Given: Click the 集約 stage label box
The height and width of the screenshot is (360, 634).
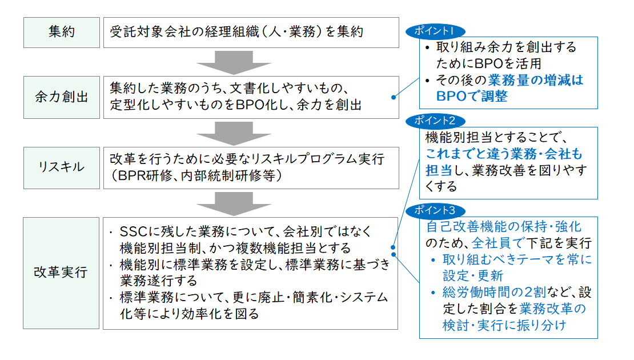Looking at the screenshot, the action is (62, 33).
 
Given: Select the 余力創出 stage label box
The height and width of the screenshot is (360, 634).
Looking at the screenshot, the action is (62, 97).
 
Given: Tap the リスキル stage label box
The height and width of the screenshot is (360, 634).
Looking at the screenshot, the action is (62, 168).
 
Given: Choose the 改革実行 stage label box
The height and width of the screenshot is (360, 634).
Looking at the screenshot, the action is (61, 273).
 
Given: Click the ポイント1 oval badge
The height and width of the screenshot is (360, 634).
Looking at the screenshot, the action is (435, 31).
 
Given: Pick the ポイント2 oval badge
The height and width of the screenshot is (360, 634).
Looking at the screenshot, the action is (435, 121).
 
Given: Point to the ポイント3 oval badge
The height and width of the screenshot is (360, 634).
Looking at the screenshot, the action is (435, 210).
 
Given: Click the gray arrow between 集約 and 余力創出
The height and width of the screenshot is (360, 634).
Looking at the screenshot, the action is (234, 62).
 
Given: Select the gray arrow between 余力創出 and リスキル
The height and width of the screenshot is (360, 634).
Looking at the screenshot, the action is (234, 134).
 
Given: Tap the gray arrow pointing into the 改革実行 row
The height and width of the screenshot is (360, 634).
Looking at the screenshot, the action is (234, 204).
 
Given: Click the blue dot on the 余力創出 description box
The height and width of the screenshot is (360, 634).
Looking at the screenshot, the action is (394, 97).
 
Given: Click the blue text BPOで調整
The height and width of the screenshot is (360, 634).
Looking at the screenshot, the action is (471, 96).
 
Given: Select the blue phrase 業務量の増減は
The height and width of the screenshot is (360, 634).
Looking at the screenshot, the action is (535, 79).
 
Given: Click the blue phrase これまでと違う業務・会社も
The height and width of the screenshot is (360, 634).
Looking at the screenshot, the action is (504, 154).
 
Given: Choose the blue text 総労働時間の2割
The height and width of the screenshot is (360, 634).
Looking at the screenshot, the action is (494, 292).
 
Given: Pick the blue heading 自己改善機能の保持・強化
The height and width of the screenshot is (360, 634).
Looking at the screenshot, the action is (503, 226).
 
